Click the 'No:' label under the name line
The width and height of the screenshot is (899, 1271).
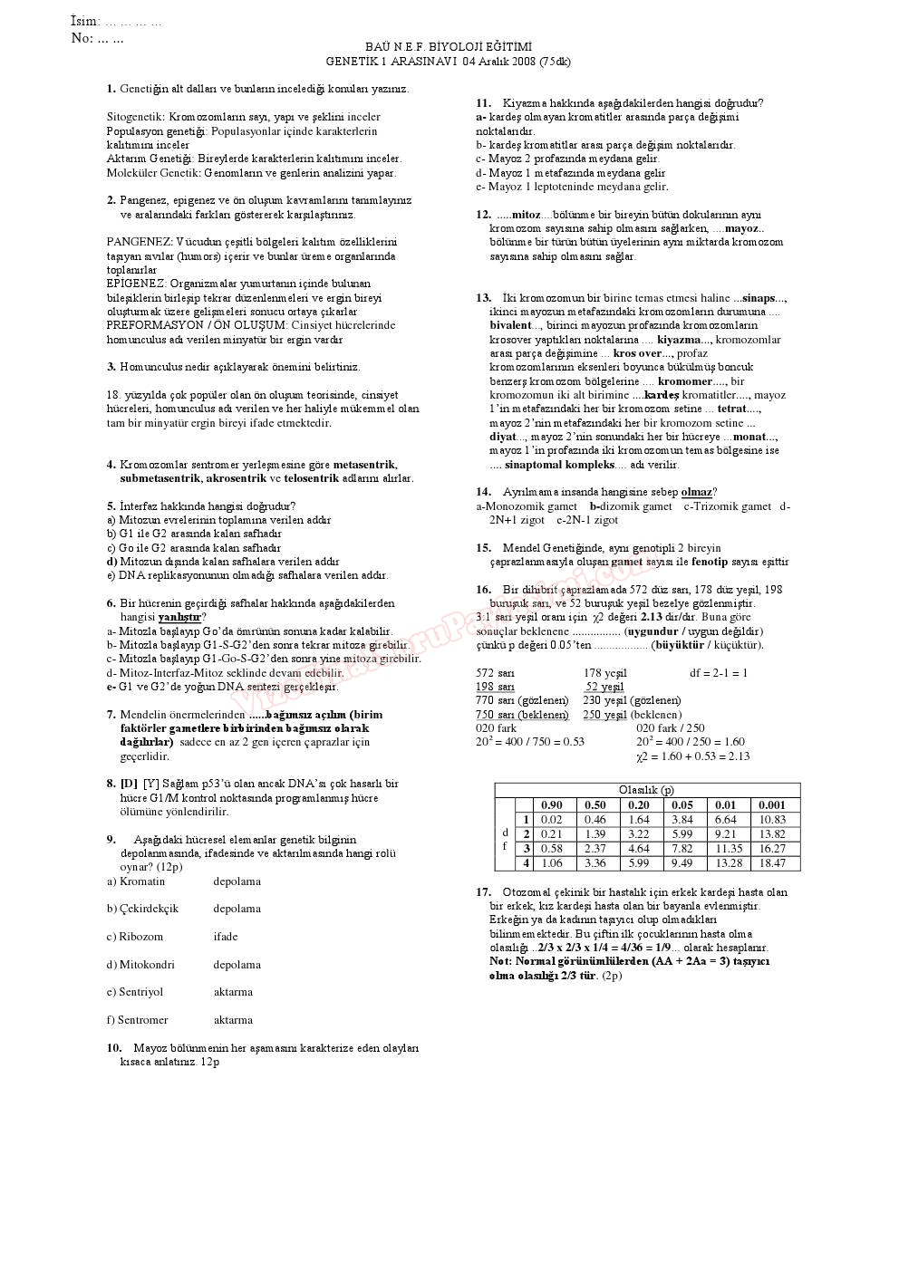82,38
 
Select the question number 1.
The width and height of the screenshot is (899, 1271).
111,89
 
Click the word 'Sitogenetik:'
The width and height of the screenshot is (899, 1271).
136,117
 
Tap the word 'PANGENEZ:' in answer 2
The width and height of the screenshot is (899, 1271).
140,242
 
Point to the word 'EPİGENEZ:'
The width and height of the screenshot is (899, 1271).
136,284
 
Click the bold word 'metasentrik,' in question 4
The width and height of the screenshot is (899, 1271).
365,464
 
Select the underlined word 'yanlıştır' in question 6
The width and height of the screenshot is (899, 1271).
179,617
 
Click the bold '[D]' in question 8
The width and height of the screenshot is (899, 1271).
130,784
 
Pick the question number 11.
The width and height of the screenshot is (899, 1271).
483,103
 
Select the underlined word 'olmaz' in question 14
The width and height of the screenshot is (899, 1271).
696,492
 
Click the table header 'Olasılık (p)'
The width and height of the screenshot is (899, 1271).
646,790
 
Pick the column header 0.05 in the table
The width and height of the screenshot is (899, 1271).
682,804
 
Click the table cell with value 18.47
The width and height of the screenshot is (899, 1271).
772,863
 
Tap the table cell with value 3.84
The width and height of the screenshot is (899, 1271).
682,819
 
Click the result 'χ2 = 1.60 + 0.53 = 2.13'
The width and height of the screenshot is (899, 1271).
692,756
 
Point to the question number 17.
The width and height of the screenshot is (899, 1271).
483,892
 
